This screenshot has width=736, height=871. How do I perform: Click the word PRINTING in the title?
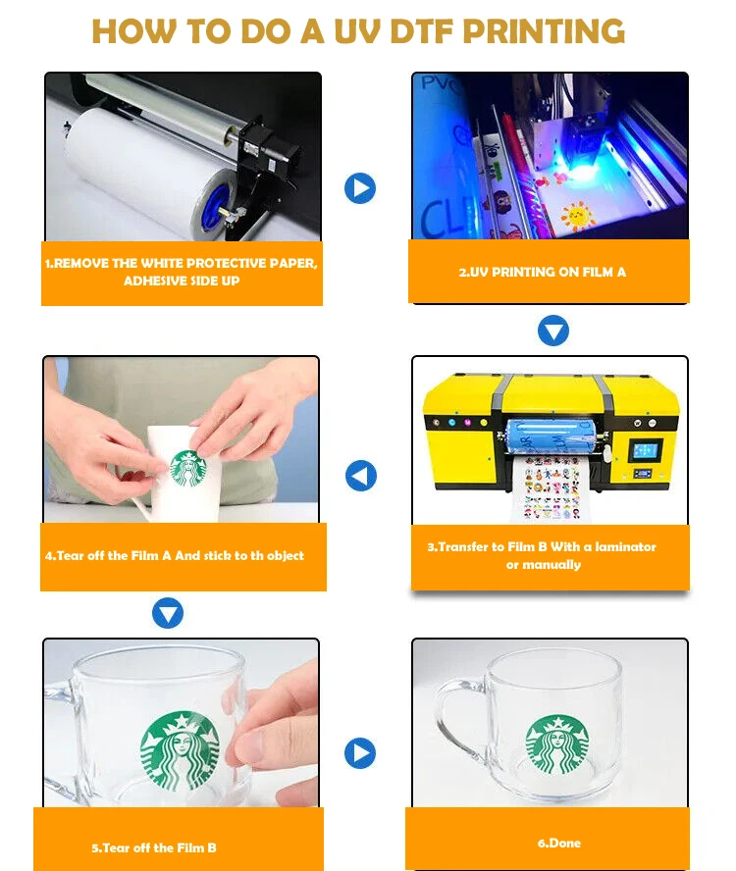pyautogui.click(x=544, y=31)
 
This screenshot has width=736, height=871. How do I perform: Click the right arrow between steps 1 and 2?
pyautogui.click(x=360, y=187)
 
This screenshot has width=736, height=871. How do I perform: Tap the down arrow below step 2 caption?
pyautogui.click(x=553, y=331)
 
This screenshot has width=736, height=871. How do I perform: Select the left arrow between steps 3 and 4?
pyautogui.click(x=361, y=477)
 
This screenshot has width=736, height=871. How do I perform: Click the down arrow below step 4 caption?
pyautogui.click(x=168, y=614)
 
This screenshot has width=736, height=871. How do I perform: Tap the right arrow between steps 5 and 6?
pyautogui.click(x=360, y=753)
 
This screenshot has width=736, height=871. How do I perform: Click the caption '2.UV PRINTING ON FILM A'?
pyautogui.click(x=542, y=272)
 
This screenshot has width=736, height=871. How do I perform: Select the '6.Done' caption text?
pyautogui.click(x=558, y=843)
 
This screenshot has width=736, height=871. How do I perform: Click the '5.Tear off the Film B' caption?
pyautogui.click(x=154, y=847)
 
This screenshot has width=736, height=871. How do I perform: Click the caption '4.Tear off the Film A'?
pyautogui.click(x=175, y=555)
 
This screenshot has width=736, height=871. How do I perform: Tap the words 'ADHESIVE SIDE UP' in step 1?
pyautogui.click(x=182, y=281)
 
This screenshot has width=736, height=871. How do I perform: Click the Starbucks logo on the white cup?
pyautogui.click(x=186, y=468)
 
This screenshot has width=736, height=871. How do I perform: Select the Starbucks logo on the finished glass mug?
pyautogui.click(x=557, y=743)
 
